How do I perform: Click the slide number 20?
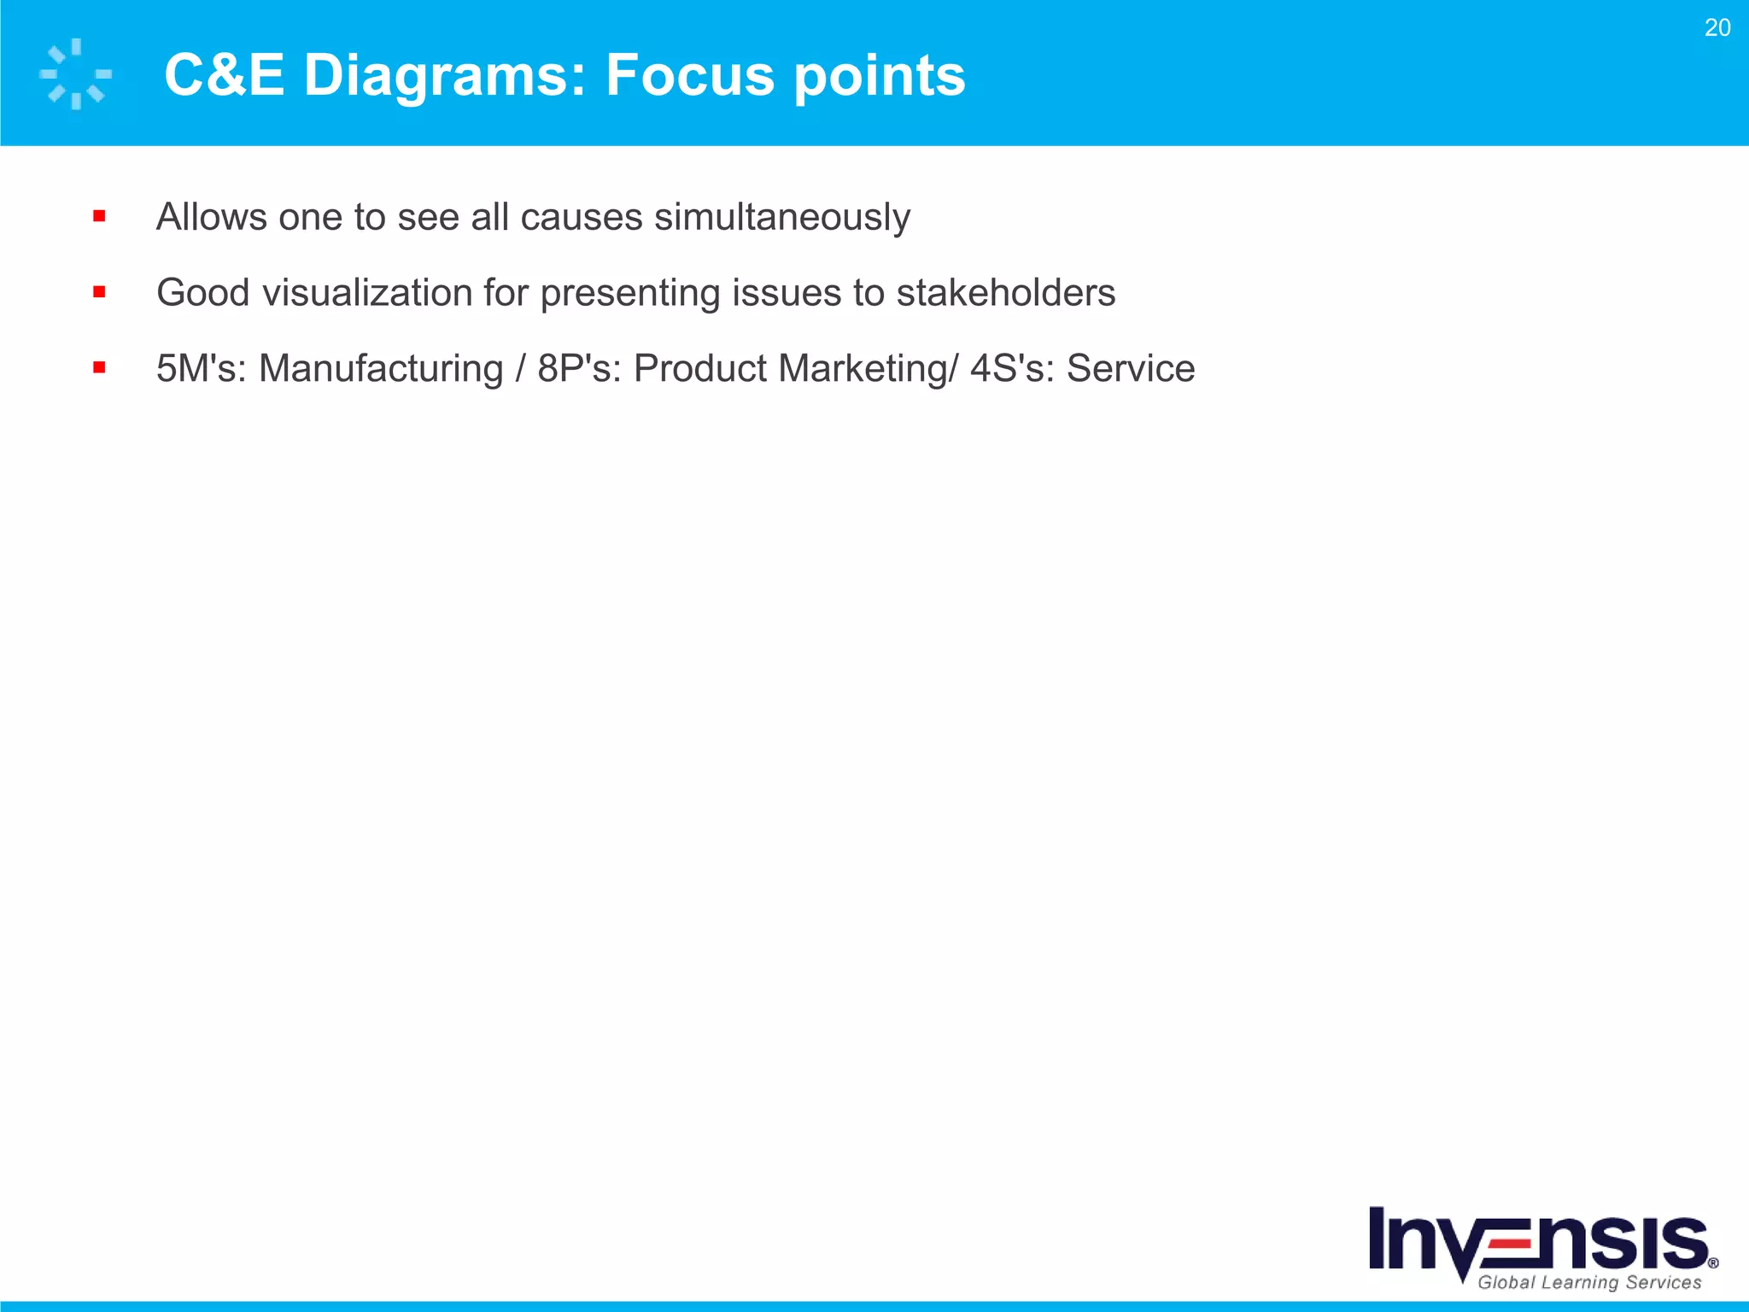coord(1717,28)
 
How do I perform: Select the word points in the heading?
coord(880,75)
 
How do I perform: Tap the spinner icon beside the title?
coord(76,74)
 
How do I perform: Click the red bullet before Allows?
coord(99,217)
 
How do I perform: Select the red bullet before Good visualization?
coord(99,293)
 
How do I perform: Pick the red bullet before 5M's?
coord(99,368)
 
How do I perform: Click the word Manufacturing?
coord(381,369)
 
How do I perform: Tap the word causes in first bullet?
coord(581,217)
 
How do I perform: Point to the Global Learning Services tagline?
coord(1589,1282)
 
